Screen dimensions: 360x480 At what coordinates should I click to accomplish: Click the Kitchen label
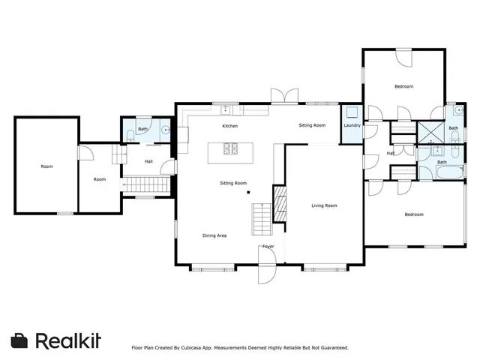229,126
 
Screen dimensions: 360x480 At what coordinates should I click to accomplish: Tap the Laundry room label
352,125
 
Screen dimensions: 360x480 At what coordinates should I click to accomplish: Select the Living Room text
324,205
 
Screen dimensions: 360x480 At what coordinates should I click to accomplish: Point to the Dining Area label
214,235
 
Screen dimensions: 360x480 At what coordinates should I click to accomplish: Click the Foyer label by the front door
268,247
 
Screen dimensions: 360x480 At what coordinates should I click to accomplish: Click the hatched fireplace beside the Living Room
280,204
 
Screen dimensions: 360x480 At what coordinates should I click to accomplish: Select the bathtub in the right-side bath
450,172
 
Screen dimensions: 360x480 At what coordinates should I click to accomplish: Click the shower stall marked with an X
430,131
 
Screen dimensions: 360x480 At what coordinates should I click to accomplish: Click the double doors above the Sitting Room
283,95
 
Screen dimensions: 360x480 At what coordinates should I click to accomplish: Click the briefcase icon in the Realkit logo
20,340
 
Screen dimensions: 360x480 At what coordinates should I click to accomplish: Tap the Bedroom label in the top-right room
403,87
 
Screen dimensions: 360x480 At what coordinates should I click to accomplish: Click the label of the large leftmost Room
46,166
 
